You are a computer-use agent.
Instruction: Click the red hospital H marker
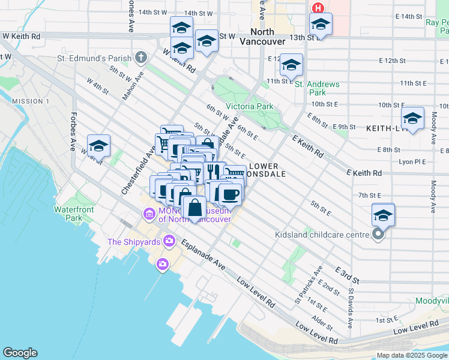318,8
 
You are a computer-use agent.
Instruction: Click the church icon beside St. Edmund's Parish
141,58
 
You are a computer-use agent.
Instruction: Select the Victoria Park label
249,106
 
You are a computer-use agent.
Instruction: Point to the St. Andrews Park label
318,89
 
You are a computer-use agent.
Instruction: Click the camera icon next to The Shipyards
169,241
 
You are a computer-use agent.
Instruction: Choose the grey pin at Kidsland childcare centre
378,235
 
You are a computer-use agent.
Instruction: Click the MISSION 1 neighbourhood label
30,101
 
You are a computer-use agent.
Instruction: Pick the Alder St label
322,323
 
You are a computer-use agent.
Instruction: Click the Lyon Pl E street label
411,162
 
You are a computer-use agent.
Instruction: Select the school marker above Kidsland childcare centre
383,214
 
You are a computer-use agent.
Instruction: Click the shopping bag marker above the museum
194,209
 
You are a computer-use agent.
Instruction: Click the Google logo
20,353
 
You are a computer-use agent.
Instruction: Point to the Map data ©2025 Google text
411,355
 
